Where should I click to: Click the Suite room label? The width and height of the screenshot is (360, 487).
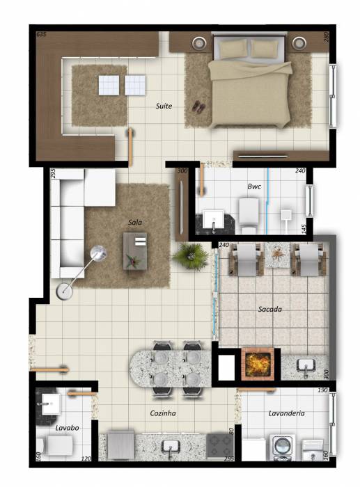tap(164, 106)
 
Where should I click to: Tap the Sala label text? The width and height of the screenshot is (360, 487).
tap(135, 222)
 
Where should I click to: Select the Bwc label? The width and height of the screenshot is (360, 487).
tap(254, 186)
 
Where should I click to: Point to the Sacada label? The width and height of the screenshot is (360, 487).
tap(270, 309)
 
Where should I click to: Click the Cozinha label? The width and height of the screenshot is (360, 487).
tap(163, 413)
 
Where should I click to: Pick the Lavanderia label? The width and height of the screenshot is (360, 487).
tap(287, 413)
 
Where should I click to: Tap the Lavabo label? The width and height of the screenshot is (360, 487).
tap(67, 428)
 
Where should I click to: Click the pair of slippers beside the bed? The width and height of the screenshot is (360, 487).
tap(198, 106)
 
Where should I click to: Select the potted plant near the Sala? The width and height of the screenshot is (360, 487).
tap(190, 256)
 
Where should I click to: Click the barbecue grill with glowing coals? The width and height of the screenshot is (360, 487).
tap(258, 364)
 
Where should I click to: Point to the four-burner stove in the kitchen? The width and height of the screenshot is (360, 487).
tap(220, 446)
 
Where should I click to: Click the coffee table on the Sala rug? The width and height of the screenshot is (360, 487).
tap(135, 251)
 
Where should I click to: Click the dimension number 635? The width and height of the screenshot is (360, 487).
tap(41, 35)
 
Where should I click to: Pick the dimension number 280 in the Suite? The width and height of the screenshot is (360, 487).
tap(326, 38)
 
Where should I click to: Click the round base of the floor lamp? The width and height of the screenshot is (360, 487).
tap(64, 292)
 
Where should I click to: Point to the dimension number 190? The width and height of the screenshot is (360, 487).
tap(322, 390)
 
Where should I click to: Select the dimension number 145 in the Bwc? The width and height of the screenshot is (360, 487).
tap(304, 229)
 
